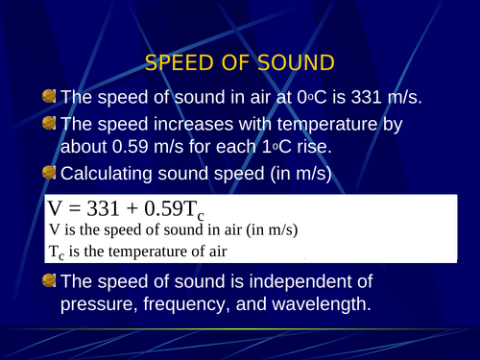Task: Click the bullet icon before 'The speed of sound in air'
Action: tap(49, 97)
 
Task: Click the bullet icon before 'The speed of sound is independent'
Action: tap(49, 282)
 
